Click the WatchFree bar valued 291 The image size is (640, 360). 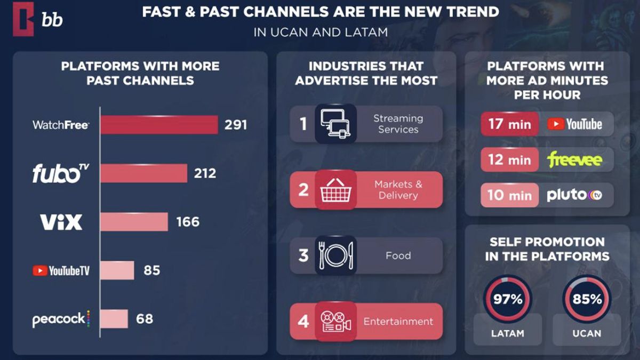[159, 125]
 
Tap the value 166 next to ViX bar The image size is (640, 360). [187, 221]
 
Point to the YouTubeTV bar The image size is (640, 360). [117, 270]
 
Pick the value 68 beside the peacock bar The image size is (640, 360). [144, 319]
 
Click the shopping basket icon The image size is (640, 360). [335, 189]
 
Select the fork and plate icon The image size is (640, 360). [335, 255]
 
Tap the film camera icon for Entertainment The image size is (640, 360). [335, 322]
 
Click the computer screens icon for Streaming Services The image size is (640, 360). [335, 124]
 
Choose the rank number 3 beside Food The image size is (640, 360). [303, 255]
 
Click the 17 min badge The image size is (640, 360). [509, 124]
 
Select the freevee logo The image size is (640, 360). [574, 159]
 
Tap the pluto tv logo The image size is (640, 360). [574, 195]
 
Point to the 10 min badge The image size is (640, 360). [509, 195]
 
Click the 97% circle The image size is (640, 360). [507, 298]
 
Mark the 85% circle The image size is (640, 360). [587, 298]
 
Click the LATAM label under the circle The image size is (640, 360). [507, 333]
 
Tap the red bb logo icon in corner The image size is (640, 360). [23, 19]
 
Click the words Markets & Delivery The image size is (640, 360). [398, 190]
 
